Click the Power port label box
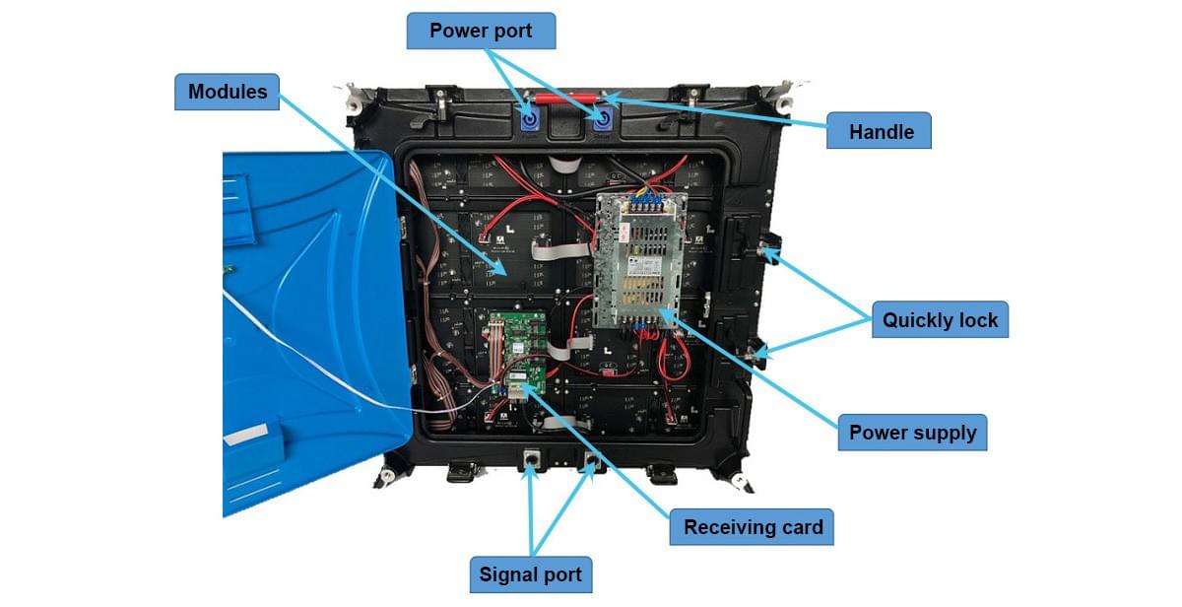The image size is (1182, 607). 482,31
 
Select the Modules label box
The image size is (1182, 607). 228,92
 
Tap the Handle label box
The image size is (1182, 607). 878,131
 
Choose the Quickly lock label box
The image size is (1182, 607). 939,320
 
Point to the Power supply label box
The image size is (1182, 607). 912,433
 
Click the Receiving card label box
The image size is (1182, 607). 753,527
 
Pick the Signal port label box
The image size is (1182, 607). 530,574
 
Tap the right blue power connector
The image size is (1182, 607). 602,121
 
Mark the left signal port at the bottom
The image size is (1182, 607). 532,458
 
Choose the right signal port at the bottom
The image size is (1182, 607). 591,461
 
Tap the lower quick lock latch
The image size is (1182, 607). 758,351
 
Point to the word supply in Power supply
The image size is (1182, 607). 946,433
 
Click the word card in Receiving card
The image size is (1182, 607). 800,527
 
